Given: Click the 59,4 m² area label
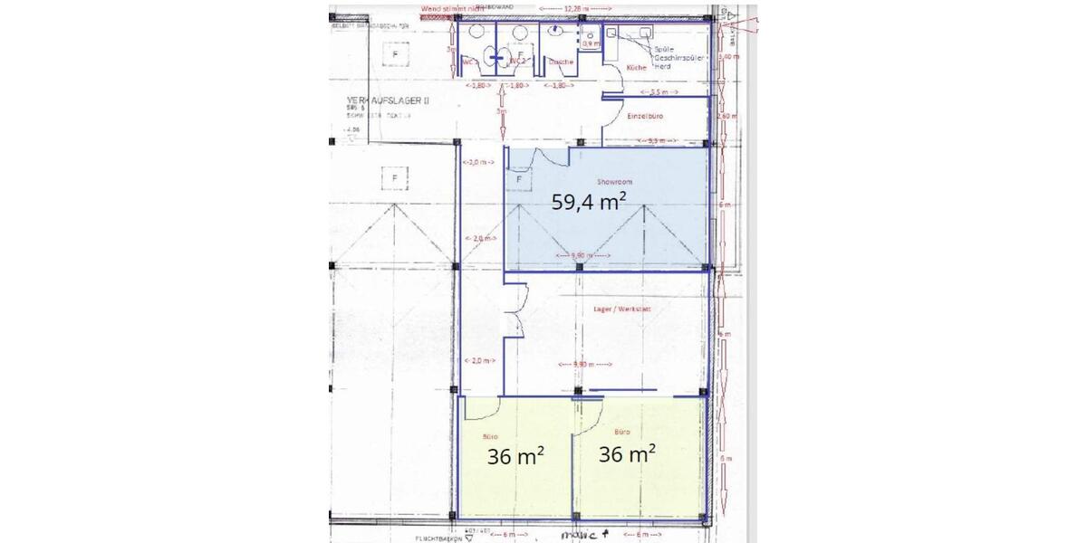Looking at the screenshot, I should pyautogui.click(x=590, y=201).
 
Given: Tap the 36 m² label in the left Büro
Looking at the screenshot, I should pyautogui.click(x=515, y=456).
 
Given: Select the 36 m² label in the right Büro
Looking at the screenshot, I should pyautogui.click(x=628, y=454).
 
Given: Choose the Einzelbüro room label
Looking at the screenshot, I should pyautogui.click(x=641, y=118).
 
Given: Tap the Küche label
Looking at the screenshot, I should pyautogui.click(x=635, y=68).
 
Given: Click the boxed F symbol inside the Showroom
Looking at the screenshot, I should pyautogui.click(x=519, y=179).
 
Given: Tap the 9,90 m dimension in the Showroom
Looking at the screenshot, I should pyautogui.click(x=582, y=255).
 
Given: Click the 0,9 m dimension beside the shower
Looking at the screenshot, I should pyautogui.click(x=591, y=43).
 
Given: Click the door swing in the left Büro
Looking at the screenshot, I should pyautogui.click(x=475, y=412).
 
